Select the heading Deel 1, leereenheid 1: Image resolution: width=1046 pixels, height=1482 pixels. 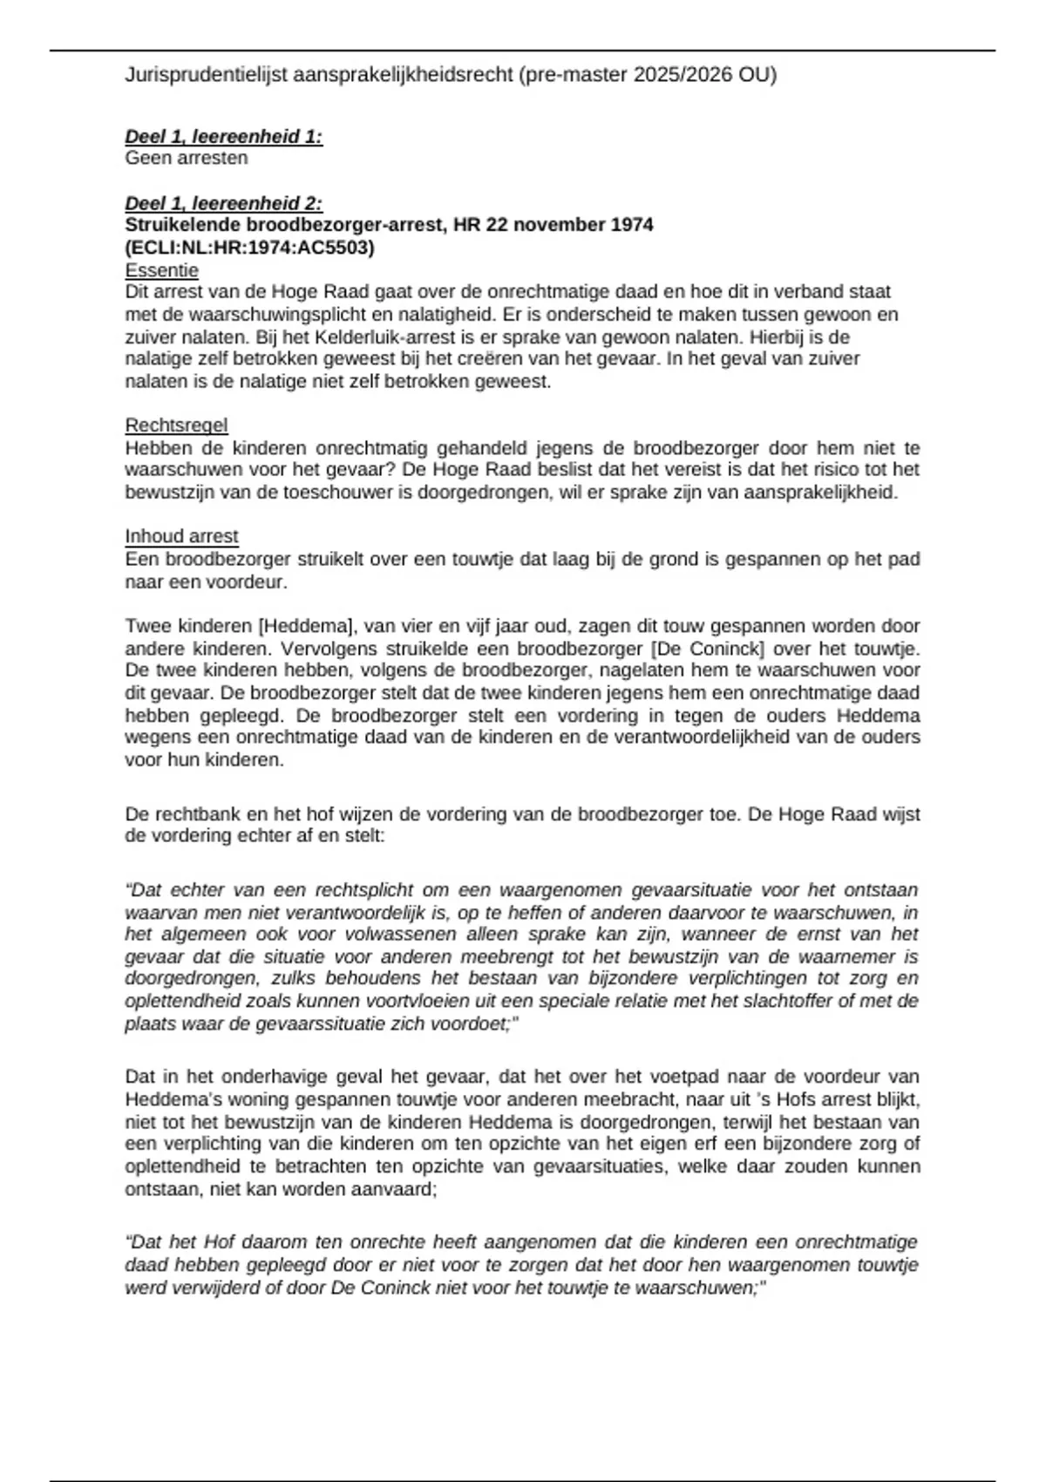[x=224, y=136]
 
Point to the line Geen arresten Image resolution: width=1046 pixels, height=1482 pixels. [x=187, y=158]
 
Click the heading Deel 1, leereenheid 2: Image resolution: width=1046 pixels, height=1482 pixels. [x=224, y=203]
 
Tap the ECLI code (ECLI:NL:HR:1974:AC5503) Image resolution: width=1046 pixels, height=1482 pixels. [x=250, y=248]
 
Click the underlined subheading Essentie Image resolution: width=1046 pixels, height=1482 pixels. [x=162, y=270]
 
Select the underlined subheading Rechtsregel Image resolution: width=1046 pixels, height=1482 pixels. [x=176, y=425]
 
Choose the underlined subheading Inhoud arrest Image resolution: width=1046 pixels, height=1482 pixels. [x=181, y=536]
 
